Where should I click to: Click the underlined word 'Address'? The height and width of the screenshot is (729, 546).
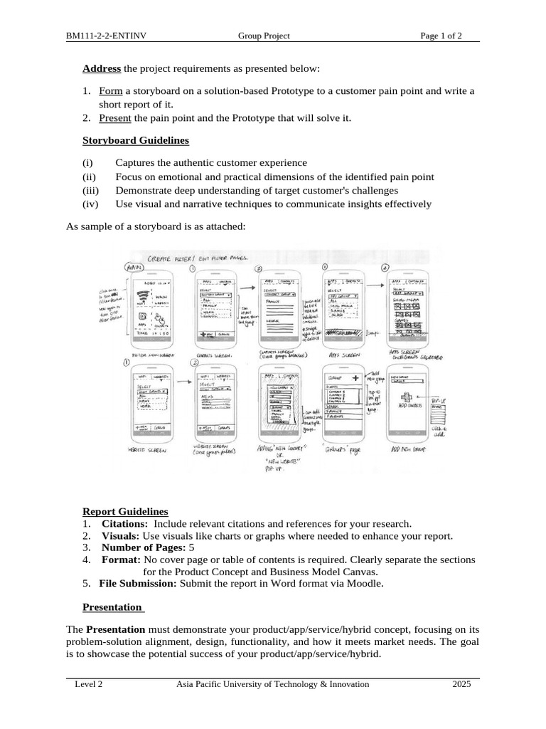coord(102,69)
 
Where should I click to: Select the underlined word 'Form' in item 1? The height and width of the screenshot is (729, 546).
coord(111,91)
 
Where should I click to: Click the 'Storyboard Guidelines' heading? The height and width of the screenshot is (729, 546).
coord(136,141)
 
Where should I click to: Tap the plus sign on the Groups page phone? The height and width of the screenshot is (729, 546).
coord(353,377)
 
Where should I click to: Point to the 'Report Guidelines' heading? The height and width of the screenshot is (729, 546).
coord(125,512)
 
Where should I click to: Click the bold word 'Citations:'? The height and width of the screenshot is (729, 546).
coord(125,524)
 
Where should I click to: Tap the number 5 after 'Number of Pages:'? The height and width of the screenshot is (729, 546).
coord(191,548)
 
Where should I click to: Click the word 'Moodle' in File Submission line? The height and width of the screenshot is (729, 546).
coord(367,584)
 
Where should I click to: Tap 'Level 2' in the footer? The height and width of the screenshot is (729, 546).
coord(89,684)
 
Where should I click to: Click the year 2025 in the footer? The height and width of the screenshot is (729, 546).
coord(461,684)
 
